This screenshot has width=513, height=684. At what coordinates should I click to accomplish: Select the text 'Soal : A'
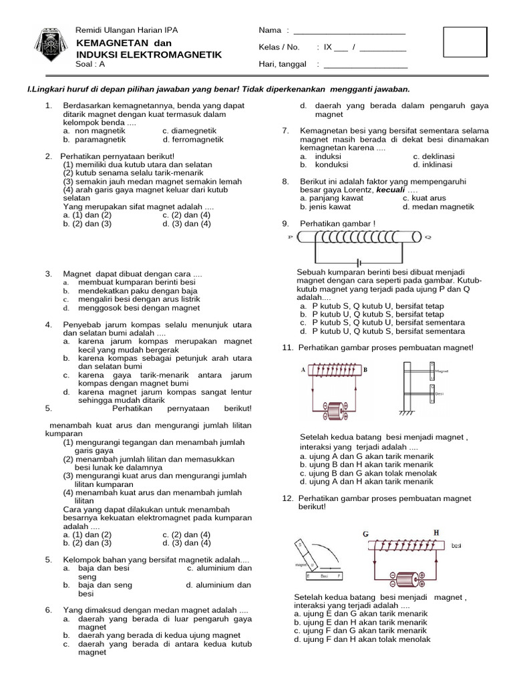(x=91, y=64)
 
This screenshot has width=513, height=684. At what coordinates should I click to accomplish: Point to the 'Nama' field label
(x=270, y=31)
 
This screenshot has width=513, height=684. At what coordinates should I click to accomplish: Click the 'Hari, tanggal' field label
(x=283, y=64)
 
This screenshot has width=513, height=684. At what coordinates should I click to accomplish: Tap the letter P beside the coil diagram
(x=290, y=237)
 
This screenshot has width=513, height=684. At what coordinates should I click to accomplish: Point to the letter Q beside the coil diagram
(x=428, y=237)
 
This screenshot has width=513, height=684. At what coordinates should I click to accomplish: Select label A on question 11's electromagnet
(x=303, y=369)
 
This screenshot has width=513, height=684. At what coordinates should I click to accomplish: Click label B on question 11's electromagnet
(x=365, y=369)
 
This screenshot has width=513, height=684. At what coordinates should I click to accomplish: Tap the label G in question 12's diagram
(x=365, y=534)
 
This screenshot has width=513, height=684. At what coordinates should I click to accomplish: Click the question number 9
(x=286, y=223)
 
